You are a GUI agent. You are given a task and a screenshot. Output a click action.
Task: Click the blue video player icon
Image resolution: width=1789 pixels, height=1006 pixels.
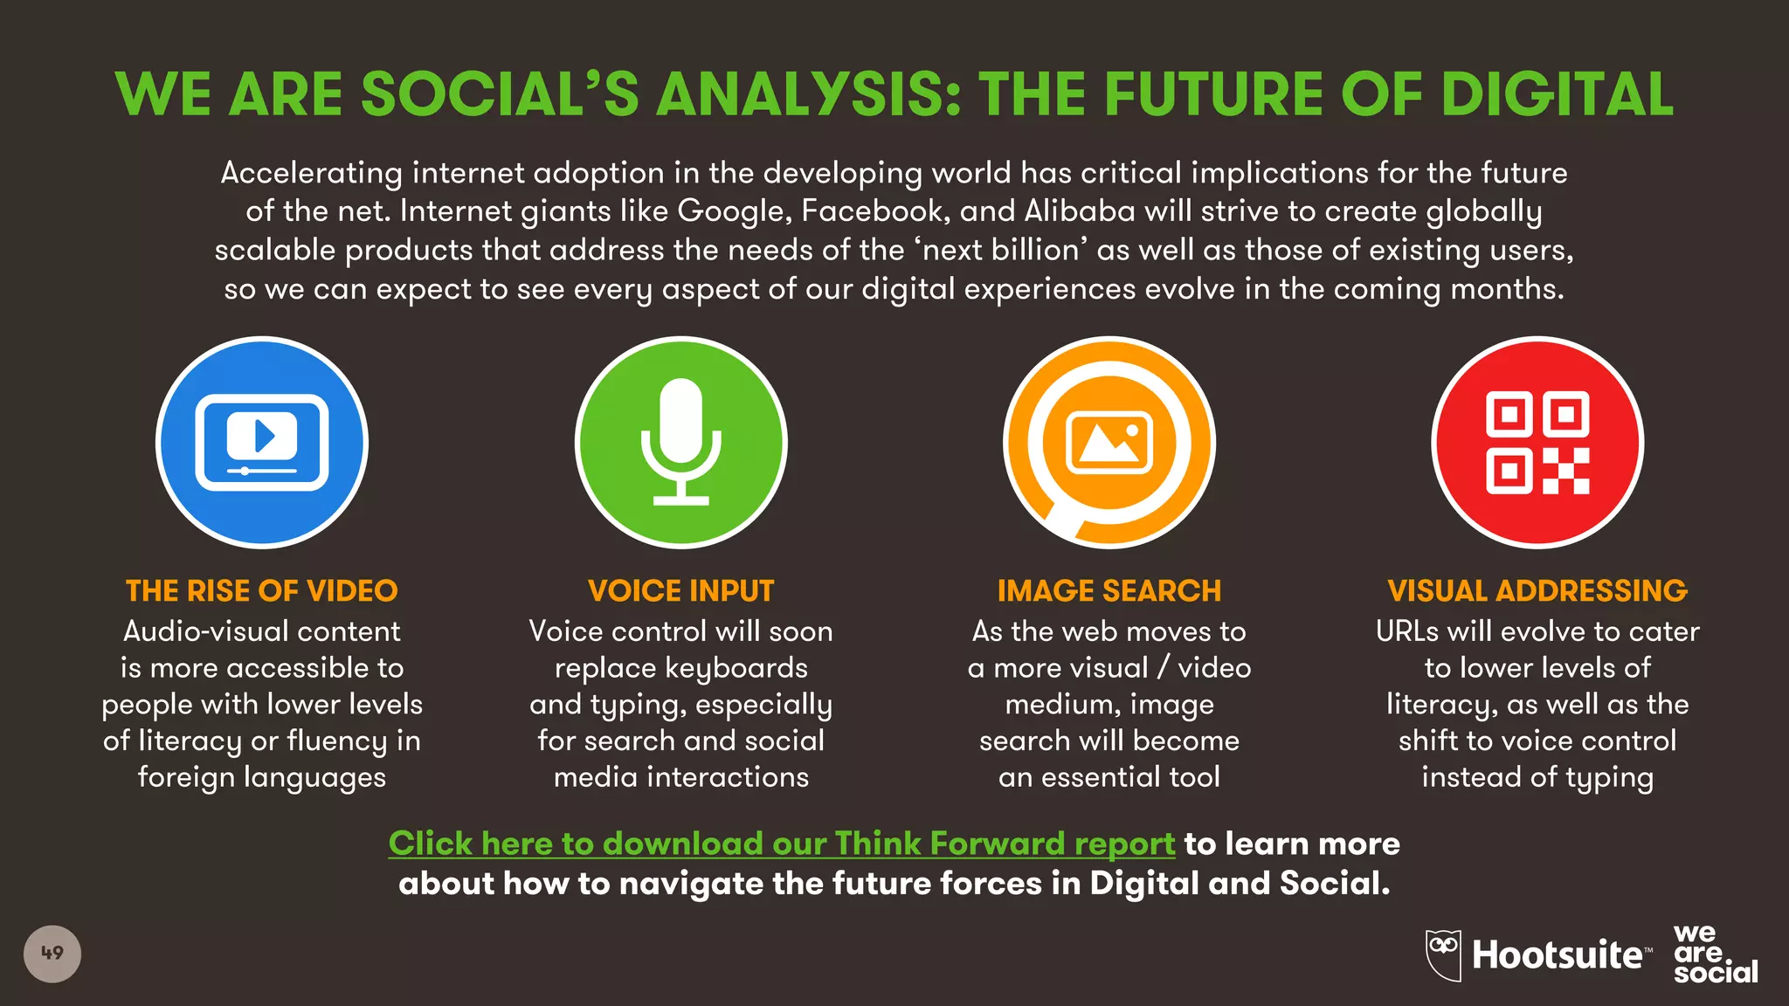262,443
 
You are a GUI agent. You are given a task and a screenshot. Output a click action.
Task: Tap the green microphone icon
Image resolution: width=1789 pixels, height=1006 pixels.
681,443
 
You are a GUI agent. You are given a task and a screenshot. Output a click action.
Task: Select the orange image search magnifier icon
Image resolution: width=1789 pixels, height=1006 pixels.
1109,443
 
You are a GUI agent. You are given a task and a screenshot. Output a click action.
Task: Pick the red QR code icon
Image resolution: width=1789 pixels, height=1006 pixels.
1537,443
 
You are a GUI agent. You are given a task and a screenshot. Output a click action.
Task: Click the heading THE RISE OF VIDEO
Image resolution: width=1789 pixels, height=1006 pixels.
262,591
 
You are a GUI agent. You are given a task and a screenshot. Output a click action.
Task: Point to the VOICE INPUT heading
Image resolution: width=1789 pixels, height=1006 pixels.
681,591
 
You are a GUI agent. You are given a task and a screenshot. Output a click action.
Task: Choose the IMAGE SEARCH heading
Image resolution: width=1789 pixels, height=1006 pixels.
1109,591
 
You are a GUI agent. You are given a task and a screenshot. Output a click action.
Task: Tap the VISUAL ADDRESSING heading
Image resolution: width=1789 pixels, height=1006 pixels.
1537,591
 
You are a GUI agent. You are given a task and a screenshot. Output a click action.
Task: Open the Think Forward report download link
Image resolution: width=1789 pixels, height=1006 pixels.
781,844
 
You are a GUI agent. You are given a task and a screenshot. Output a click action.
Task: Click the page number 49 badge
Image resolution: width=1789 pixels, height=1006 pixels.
52,954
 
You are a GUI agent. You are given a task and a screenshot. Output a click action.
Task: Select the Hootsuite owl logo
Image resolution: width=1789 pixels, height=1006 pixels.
1443,954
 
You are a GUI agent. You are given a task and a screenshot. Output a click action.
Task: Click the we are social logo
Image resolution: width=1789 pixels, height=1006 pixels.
1714,954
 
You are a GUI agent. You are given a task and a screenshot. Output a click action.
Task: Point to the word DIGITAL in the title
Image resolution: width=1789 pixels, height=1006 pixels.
1557,94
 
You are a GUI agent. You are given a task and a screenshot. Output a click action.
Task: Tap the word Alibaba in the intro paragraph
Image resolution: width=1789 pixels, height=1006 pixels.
1080,211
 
